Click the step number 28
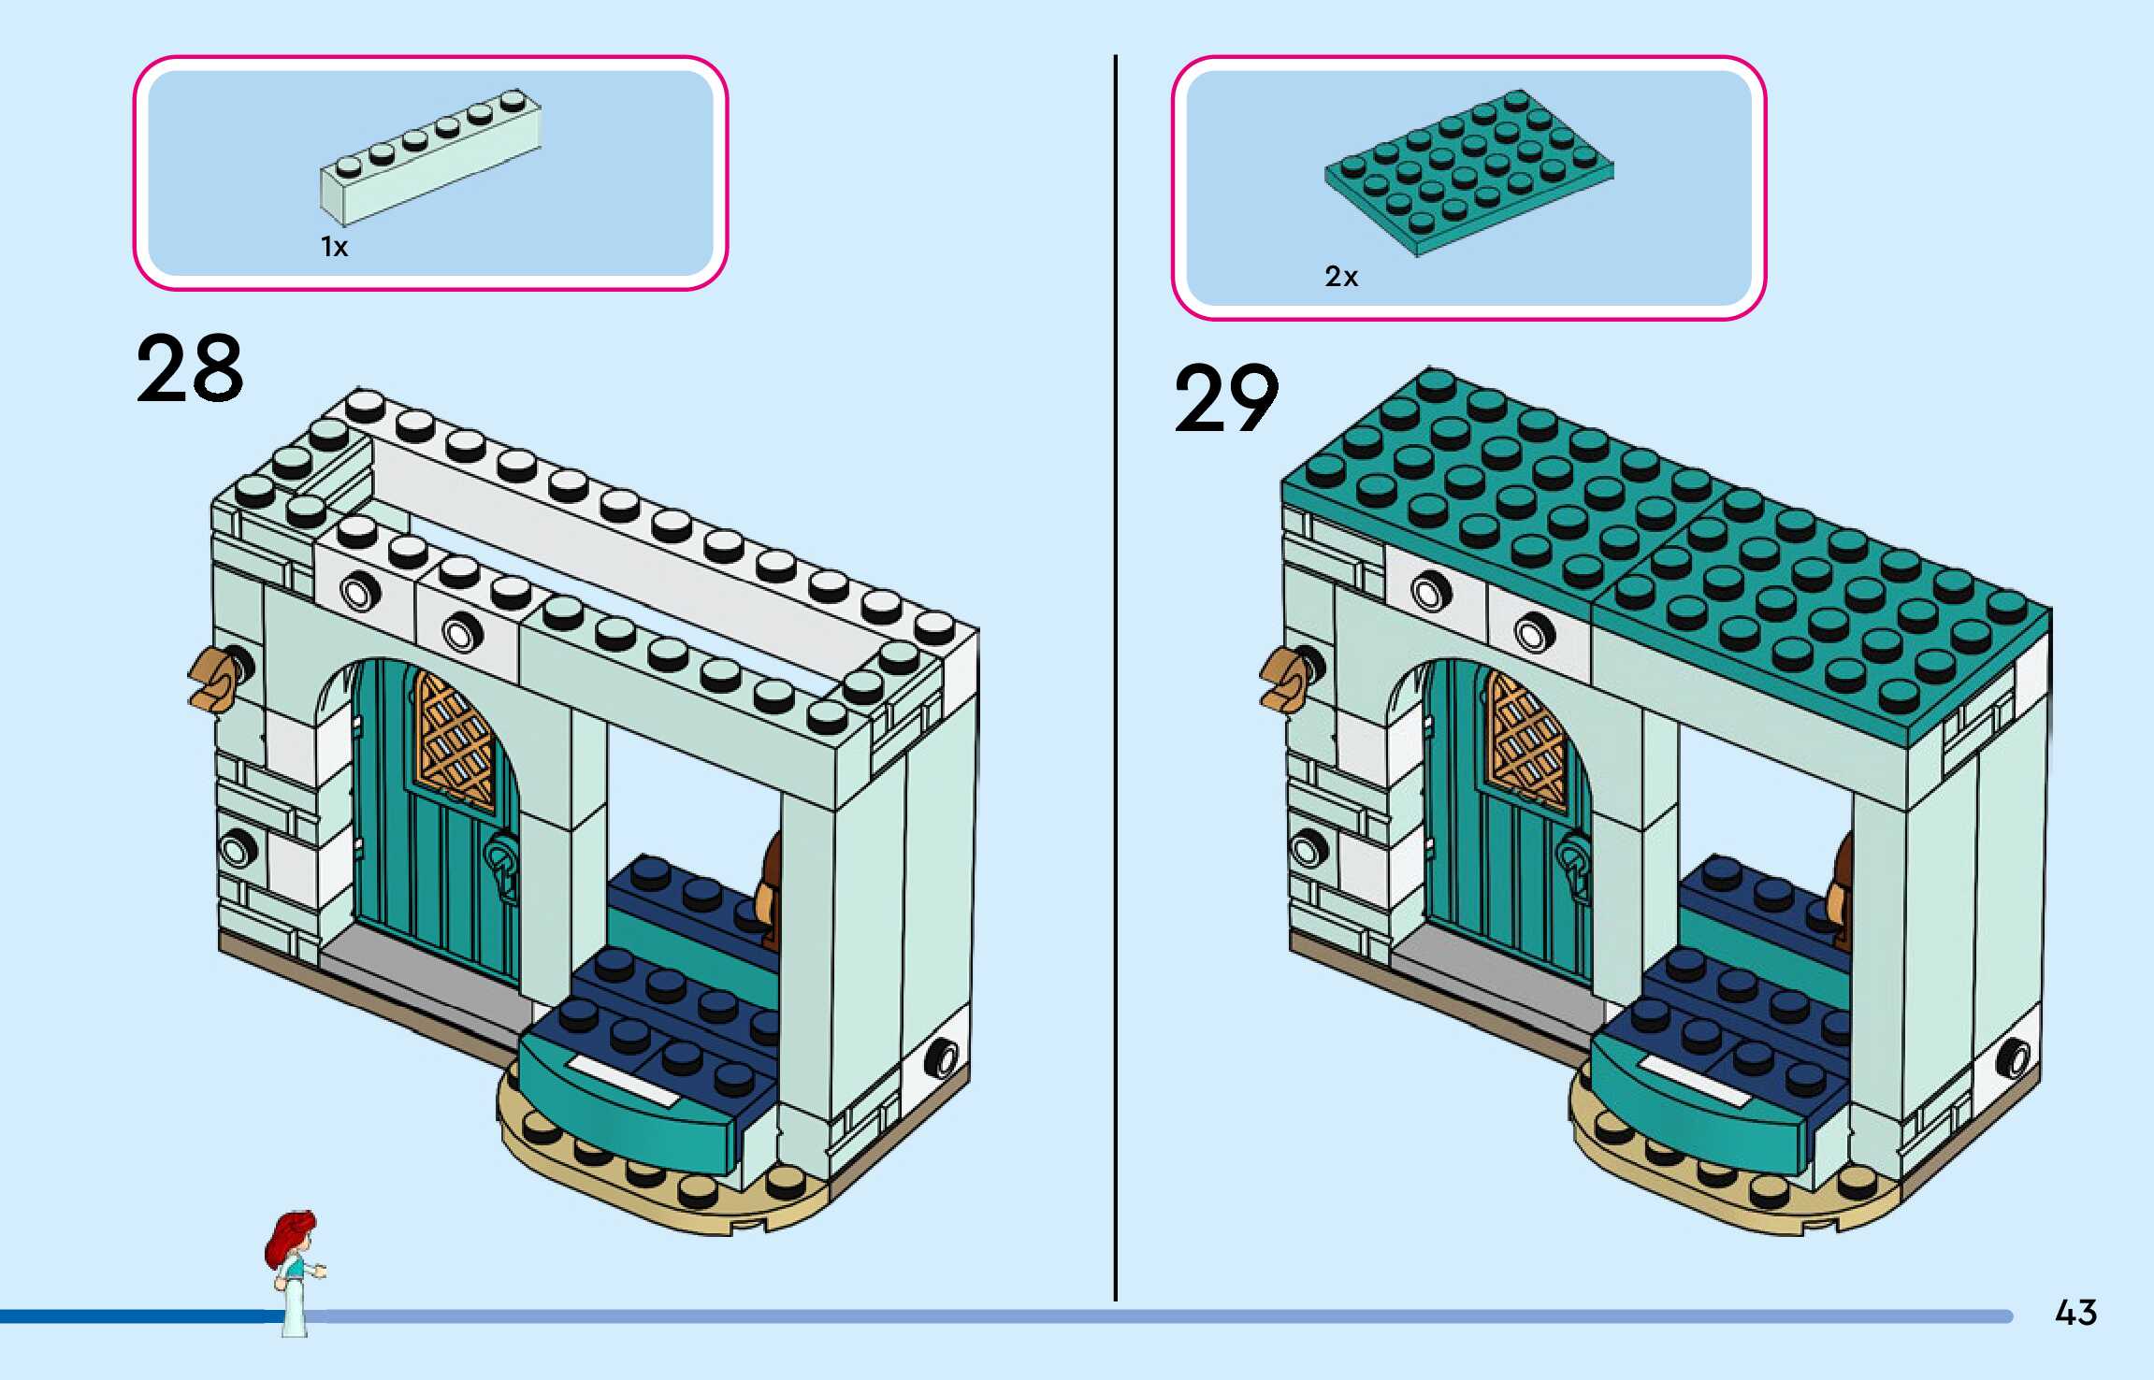[x=190, y=369]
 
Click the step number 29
[x=1226, y=399]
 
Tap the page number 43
[x=2075, y=1313]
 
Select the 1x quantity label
[x=334, y=247]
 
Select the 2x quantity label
[x=1341, y=277]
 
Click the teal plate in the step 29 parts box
[x=1469, y=172]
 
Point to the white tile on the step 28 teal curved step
[x=622, y=1080]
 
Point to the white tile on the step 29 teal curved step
[x=1694, y=1081]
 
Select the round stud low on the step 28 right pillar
[x=941, y=1057]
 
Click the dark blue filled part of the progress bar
[x=140, y=1316]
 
